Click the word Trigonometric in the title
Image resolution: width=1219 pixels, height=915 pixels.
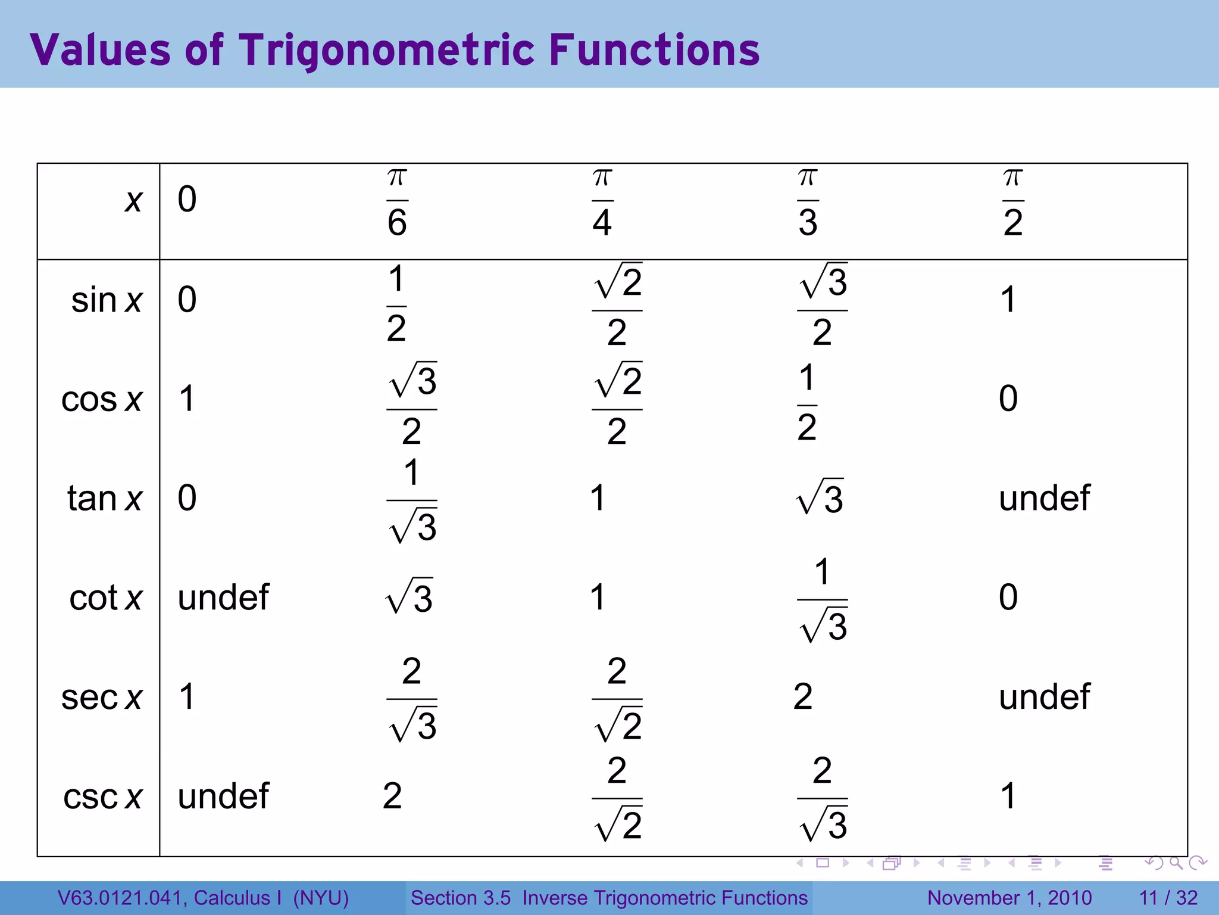(387, 50)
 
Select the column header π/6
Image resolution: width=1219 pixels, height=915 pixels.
(397, 203)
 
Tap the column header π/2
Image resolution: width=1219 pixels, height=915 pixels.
(1013, 203)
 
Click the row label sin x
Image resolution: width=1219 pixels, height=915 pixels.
(107, 300)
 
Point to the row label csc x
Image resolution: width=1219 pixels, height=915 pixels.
(103, 796)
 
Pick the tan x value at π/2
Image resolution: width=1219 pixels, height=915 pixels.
(1044, 498)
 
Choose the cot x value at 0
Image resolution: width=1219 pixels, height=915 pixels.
(223, 597)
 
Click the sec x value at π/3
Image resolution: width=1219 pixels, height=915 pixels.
(803, 696)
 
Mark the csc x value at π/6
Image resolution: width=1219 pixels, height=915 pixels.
(392, 796)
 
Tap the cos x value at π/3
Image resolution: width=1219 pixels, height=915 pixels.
(807, 403)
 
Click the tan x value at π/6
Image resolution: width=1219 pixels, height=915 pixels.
(412, 500)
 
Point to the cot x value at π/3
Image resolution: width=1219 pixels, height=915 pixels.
(822, 600)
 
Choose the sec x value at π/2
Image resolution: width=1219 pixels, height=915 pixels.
(1044, 696)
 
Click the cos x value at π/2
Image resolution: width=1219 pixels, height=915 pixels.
(1008, 399)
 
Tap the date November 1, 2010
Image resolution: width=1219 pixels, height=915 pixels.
(1009, 898)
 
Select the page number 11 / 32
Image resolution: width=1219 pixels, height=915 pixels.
(1168, 898)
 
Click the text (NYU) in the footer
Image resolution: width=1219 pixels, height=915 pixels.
(321, 898)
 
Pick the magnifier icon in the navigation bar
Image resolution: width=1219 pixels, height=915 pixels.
(1176, 863)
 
